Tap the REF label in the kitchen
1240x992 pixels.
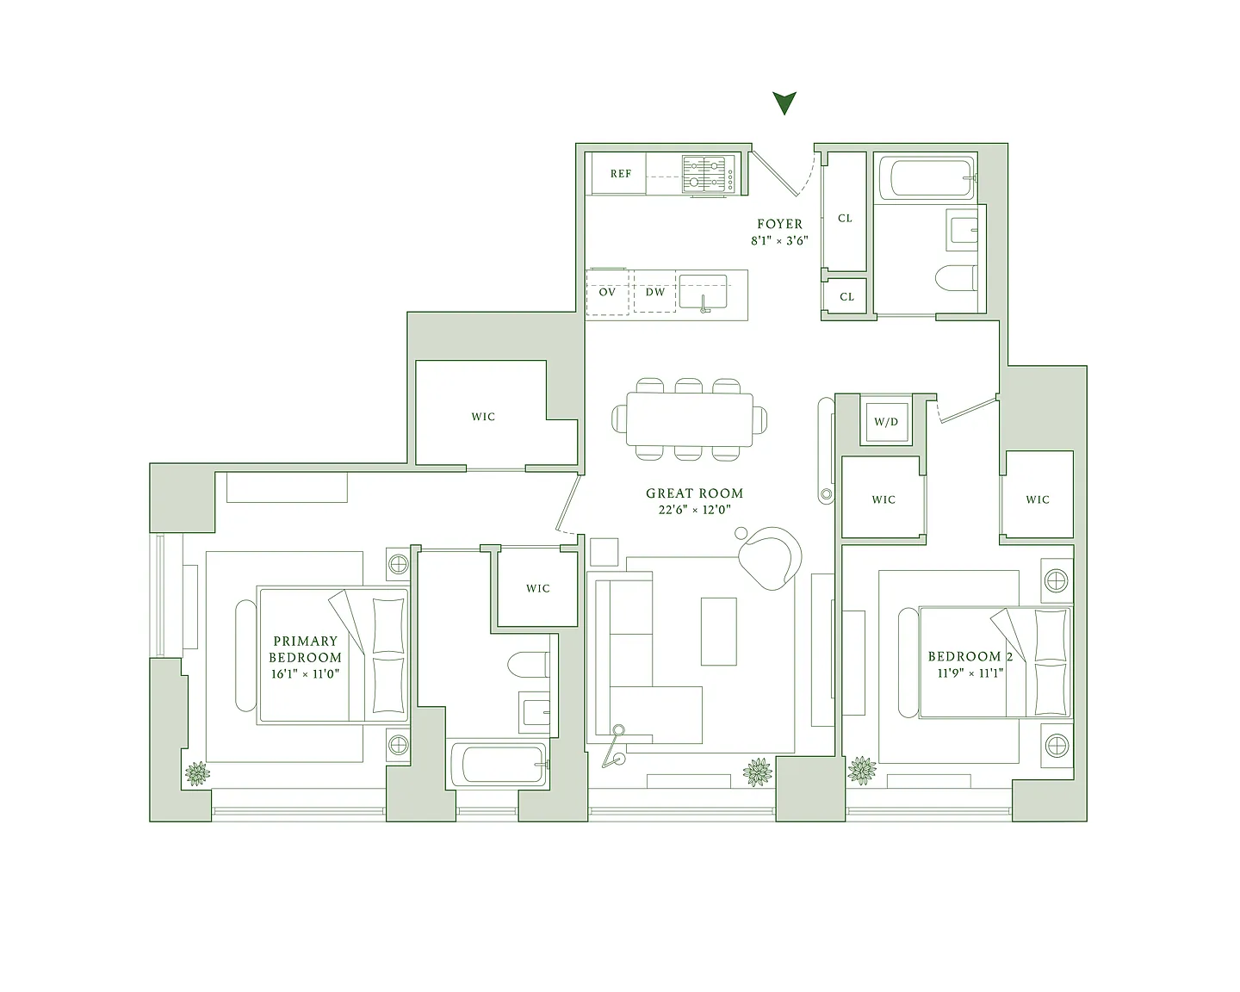(621, 173)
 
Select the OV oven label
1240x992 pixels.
(607, 292)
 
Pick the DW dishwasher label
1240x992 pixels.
(655, 292)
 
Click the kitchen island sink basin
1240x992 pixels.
(703, 292)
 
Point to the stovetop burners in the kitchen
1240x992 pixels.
(704, 173)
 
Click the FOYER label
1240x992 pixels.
(779, 224)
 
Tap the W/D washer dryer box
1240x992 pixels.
(886, 421)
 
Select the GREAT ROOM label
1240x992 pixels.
(694, 493)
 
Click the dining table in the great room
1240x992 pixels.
(690, 419)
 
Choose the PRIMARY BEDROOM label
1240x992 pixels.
(306, 649)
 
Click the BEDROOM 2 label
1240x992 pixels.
(970, 656)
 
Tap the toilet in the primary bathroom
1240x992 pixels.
(529, 665)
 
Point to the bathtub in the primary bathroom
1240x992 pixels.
(499, 765)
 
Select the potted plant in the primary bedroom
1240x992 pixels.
(197, 773)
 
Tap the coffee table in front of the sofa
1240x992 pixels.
(718, 631)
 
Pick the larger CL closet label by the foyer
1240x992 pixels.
(845, 219)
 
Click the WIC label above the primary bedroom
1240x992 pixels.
(483, 417)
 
